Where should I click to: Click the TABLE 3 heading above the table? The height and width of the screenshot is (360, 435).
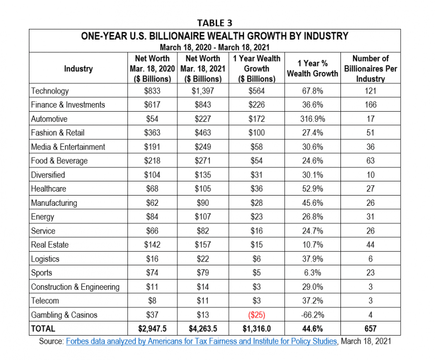tap(215, 23)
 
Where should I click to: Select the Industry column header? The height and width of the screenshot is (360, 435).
tap(78, 69)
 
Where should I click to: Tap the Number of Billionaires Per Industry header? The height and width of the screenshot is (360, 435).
tap(370, 69)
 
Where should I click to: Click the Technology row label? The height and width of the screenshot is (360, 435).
tap(50, 91)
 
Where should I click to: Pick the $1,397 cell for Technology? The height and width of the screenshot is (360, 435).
tap(203, 91)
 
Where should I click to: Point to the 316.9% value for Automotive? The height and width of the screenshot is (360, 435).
tap(313, 119)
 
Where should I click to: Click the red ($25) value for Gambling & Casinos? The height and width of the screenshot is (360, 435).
tap(257, 315)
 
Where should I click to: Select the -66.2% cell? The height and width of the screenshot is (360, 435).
tap(313, 315)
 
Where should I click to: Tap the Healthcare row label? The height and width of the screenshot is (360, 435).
tap(49, 189)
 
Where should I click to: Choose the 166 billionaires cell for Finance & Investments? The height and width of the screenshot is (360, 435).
tap(370, 105)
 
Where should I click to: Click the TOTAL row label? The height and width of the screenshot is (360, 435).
tap(43, 329)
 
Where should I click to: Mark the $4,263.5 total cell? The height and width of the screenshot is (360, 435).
tap(203, 329)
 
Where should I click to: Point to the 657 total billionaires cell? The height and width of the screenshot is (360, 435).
tap(370, 329)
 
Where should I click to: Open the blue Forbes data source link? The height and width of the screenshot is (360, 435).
tap(202, 341)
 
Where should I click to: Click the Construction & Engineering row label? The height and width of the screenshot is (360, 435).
tap(75, 287)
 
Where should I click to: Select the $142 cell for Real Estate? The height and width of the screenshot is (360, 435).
tap(152, 245)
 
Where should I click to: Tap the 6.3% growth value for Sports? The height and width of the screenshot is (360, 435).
tap(313, 273)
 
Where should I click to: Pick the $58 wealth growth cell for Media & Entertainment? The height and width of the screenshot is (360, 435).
tap(257, 147)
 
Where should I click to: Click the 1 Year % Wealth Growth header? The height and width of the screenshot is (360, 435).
tap(313, 69)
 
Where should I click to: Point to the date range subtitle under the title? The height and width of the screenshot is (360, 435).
tap(215, 47)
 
